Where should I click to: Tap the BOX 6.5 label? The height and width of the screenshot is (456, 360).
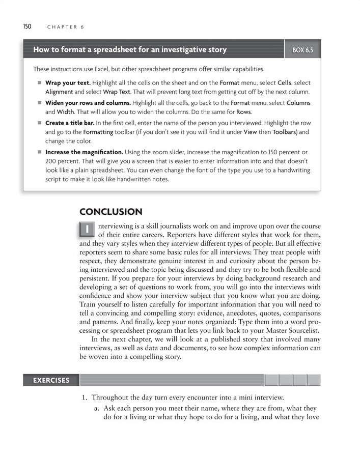pos(302,50)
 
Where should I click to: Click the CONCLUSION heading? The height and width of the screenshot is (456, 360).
pos(111,211)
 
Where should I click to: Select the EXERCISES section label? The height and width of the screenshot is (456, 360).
pos(51,380)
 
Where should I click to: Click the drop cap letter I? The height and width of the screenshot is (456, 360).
pos(88,230)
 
